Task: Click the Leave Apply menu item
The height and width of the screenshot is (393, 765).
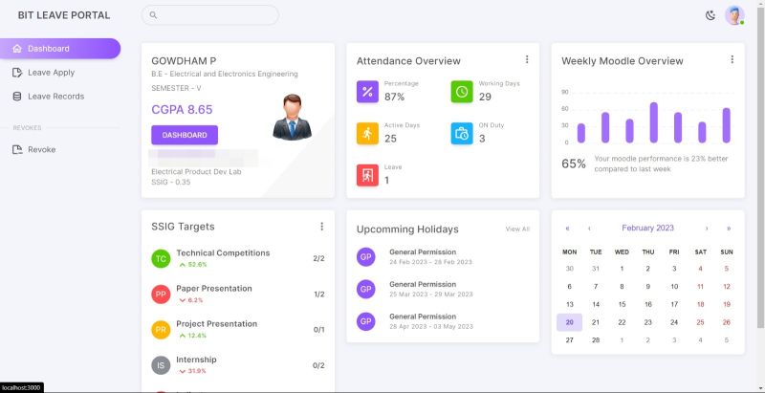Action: pos(51,73)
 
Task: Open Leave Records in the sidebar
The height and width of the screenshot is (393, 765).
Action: pos(55,97)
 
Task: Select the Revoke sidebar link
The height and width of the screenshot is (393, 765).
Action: pos(41,149)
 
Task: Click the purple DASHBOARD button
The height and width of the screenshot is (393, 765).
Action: pos(185,135)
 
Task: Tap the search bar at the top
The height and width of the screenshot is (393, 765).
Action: pos(210,15)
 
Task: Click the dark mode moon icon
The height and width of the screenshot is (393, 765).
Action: pos(710,15)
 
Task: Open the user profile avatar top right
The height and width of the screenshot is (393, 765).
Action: pos(733,15)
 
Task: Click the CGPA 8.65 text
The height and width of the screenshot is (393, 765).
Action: pos(182,110)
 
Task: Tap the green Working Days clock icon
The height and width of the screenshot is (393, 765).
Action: pos(462,91)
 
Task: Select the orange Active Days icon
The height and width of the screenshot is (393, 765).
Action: pos(367,133)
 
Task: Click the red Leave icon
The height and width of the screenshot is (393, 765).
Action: pos(367,175)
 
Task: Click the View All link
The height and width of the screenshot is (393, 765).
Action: pos(517,229)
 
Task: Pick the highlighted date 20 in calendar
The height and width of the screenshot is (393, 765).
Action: pos(569,322)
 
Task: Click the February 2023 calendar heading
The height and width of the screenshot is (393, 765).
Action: pos(647,229)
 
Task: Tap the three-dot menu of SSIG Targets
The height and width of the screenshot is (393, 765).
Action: pos(321,227)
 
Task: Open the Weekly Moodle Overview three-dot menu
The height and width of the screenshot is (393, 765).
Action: pos(732,59)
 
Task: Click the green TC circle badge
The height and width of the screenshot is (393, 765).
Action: pos(162,258)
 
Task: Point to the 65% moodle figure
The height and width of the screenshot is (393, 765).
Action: pos(574,164)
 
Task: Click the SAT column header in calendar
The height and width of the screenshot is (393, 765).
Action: pos(700,251)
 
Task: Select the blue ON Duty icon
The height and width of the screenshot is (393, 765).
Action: pos(462,133)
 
